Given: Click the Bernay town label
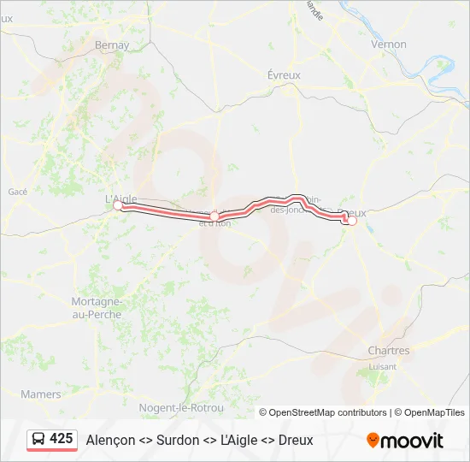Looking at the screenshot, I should click(x=113, y=44).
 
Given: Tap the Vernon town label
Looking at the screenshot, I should click(x=389, y=44).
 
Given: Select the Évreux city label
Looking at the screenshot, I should click(x=284, y=75).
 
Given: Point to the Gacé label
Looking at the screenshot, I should click(x=18, y=192).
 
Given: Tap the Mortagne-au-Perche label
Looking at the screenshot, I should click(x=96, y=307).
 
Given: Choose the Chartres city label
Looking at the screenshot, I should click(x=388, y=351).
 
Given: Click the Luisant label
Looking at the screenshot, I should click(x=382, y=366).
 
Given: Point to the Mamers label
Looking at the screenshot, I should click(x=41, y=394).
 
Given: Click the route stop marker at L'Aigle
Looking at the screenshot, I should click(x=119, y=205).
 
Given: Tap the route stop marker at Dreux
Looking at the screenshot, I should click(x=351, y=221).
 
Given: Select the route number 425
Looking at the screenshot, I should click(x=62, y=439).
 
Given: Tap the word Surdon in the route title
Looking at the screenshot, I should click(x=177, y=440).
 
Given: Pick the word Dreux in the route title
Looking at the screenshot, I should click(x=296, y=440).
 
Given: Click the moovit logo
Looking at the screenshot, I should click(x=405, y=441).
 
